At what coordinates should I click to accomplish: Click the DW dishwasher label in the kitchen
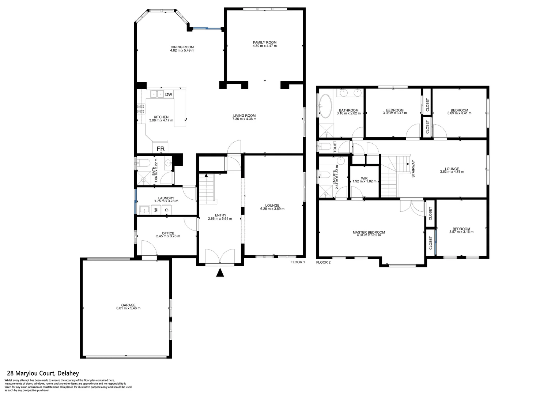tap(169, 95)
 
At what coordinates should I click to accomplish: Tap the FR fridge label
tap(160, 149)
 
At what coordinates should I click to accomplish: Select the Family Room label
tap(265, 42)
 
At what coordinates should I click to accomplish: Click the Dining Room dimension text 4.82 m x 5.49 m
tap(182, 50)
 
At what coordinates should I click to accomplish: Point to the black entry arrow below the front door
tap(220, 273)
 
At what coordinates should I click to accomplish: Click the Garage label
tap(128, 305)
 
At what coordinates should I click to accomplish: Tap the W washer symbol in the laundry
tap(155, 210)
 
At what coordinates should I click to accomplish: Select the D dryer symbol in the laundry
tap(167, 210)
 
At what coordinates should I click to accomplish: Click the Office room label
tap(168, 233)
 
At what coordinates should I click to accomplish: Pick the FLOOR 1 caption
tap(298, 262)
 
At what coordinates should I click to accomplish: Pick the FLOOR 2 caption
tap(323, 262)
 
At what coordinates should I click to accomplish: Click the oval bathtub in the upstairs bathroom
tap(325, 106)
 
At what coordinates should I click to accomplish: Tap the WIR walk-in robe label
tap(364, 178)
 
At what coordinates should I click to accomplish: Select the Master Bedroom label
tap(369, 232)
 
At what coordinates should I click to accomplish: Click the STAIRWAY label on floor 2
tap(413, 169)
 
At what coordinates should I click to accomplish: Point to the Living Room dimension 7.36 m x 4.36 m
tap(244, 119)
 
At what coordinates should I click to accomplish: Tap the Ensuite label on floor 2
tap(334, 178)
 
